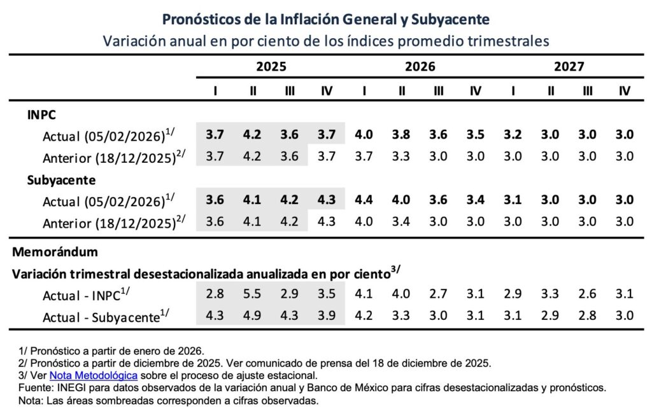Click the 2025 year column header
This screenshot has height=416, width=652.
[271, 66]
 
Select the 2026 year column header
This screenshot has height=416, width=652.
[420, 66]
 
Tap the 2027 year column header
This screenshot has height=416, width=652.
[569, 66]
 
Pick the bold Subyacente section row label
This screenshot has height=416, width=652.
[61, 180]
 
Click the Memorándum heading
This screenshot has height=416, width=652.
[55, 251]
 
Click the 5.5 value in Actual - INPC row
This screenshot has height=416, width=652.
[253, 294]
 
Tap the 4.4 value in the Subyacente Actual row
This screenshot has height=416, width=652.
[364, 200]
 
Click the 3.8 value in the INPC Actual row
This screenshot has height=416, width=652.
[402, 134]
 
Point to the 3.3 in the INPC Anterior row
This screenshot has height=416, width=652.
[402, 156]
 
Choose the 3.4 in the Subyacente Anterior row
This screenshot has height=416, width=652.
[402, 221]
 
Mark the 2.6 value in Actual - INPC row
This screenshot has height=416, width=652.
[587, 294]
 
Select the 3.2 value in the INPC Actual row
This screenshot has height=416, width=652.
[513, 134]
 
